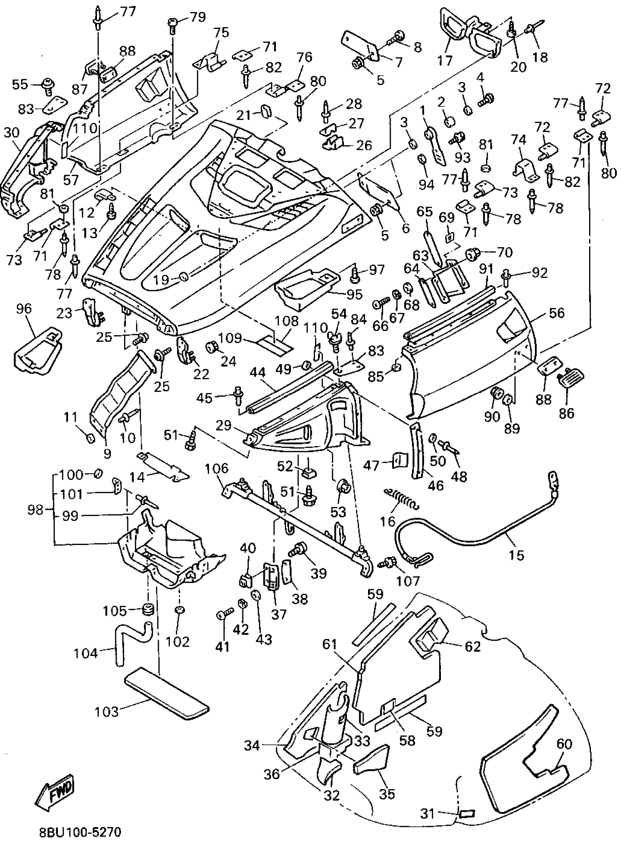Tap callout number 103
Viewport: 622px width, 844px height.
pos(106,712)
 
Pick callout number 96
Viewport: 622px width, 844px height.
pos(24,309)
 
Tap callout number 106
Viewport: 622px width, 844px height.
pos(217,468)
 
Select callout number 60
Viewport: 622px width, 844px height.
pos(564,744)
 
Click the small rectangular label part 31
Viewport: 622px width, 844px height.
pos(467,814)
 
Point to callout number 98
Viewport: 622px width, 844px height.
pos(35,510)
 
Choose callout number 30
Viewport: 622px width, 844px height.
pos(11,132)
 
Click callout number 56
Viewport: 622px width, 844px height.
pos(557,313)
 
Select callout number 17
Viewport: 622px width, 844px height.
pos(445,60)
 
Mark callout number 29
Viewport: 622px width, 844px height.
pos(223,426)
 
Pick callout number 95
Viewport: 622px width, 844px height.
pos(354,294)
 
